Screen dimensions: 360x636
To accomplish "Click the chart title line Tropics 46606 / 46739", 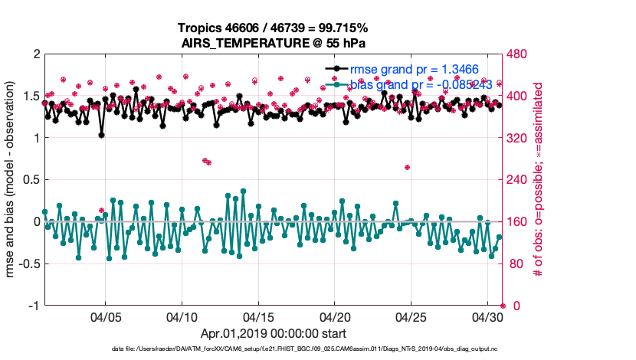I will pos(274,27).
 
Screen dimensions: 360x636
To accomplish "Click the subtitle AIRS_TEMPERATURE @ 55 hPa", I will pos(274,42).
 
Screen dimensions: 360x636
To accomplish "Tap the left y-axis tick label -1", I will pos(34,306).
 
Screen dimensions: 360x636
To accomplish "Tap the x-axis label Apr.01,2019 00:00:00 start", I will pos(274,334).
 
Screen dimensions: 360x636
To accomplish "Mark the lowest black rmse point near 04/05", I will pos(101,135).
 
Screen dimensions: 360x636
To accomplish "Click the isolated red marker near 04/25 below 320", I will pos(407,167).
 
